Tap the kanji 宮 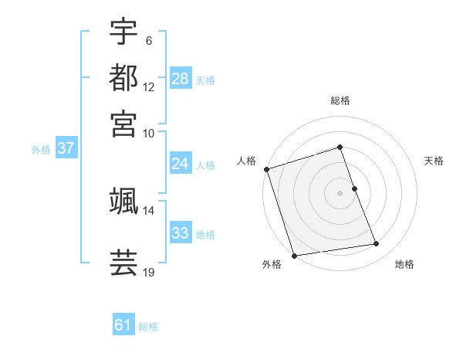click(x=123, y=124)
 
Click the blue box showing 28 click(x=181, y=79)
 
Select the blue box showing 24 click(x=181, y=164)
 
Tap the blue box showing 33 click(x=181, y=233)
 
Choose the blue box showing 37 click(x=66, y=149)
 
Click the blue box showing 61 click(x=123, y=326)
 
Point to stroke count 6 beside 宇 click(x=148, y=39)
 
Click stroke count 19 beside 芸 click(x=148, y=272)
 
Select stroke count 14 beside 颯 click(x=148, y=210)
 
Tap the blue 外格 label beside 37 click(x=41, y=150)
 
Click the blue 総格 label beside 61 click(x=148, y=327)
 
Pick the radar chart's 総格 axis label click(x=340, y=101)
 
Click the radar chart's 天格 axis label click(x=434, y=161)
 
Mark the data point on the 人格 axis click(x=266, y=169)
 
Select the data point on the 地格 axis click(x=377, y=244)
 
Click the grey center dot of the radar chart click(x=340, y=193)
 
